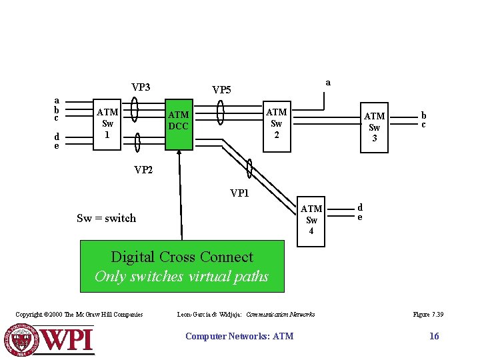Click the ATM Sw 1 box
(x=107, y=123)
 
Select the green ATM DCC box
(x=178, y=121)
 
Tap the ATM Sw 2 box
(x=276, y=123)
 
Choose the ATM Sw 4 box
(x=311, y=220)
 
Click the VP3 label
(x=141, y=87)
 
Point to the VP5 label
(x=221, y=90)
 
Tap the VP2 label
(x=143, y=170)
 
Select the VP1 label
(x=240, y=194)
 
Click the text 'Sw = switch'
(x=106, y=218)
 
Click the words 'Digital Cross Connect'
(x=182, y=257)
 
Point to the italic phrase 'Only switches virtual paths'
(x=181, y=276)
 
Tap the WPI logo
(x=50, y=339)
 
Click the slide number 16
(x=434, y=336)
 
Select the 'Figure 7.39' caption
(x=428, y=314)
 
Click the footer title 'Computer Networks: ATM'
(x=239, y=336)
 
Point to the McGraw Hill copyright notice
(x=79, y=314)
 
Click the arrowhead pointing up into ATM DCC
(x=179, y=154)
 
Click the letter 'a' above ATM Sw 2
(x=327, y=82)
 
